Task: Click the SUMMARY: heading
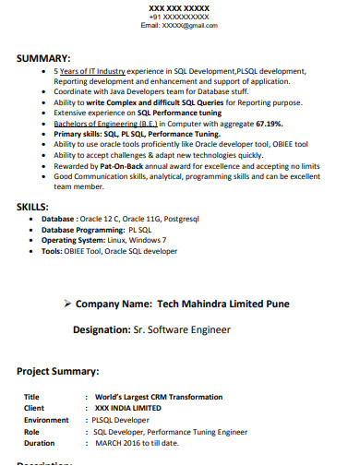(43, 57)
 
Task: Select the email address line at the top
(179, 26)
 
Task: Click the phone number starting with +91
(179, 18)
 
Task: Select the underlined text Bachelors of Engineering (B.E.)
(106, 123)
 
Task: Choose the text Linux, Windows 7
(140, 239)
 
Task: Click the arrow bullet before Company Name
(66, 304)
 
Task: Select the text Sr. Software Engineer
(185, 329)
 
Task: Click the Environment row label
(46, 419)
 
